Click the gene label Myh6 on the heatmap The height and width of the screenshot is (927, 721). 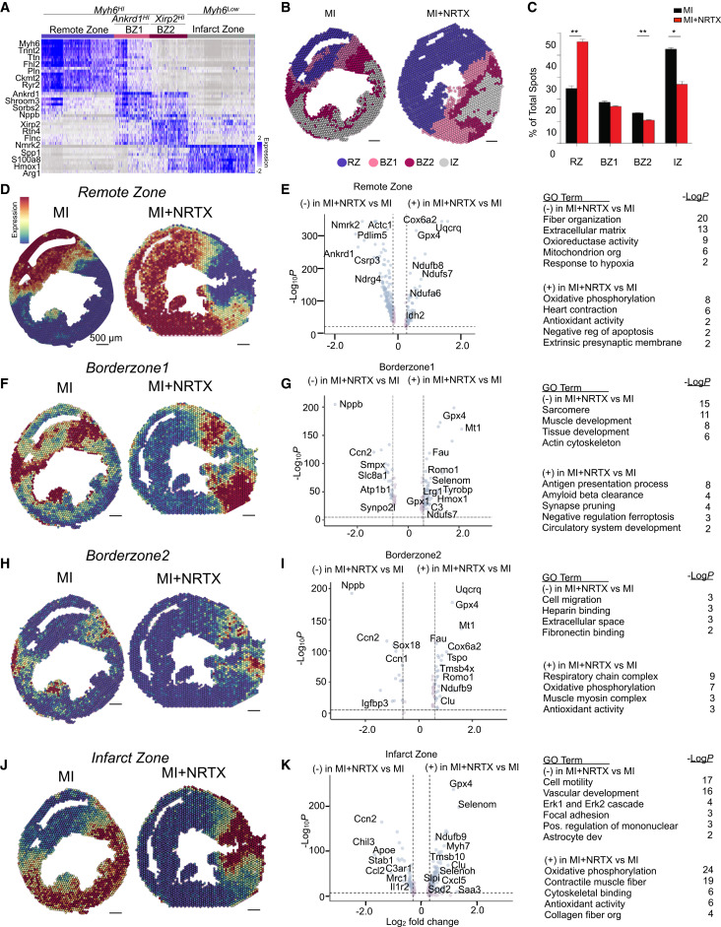tap(19, 45)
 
